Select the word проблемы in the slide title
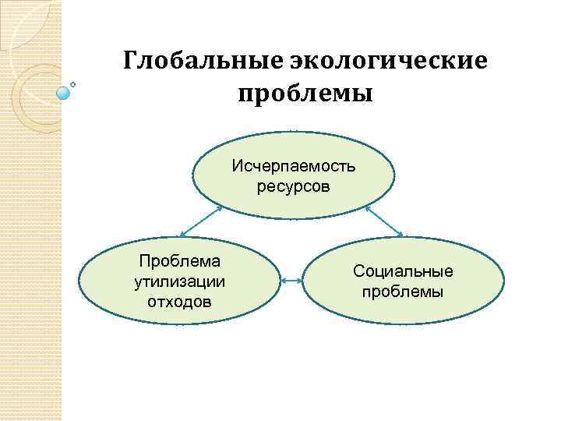click(x=305, y=94)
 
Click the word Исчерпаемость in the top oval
click(x=293, y=167)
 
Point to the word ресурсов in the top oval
click(x=293, y=186)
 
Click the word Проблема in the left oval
click(x=179, y=261)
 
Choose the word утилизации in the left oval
click(x=179, y=281)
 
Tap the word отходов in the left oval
click(x=179, y=300)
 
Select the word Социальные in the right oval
click(x=402, y=271)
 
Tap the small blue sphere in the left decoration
click(x=64, y=92)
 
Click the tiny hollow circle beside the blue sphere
click(x=73, y=83)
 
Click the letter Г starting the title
click(x=131, y=61)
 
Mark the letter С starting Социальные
click(x=358, y=271)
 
